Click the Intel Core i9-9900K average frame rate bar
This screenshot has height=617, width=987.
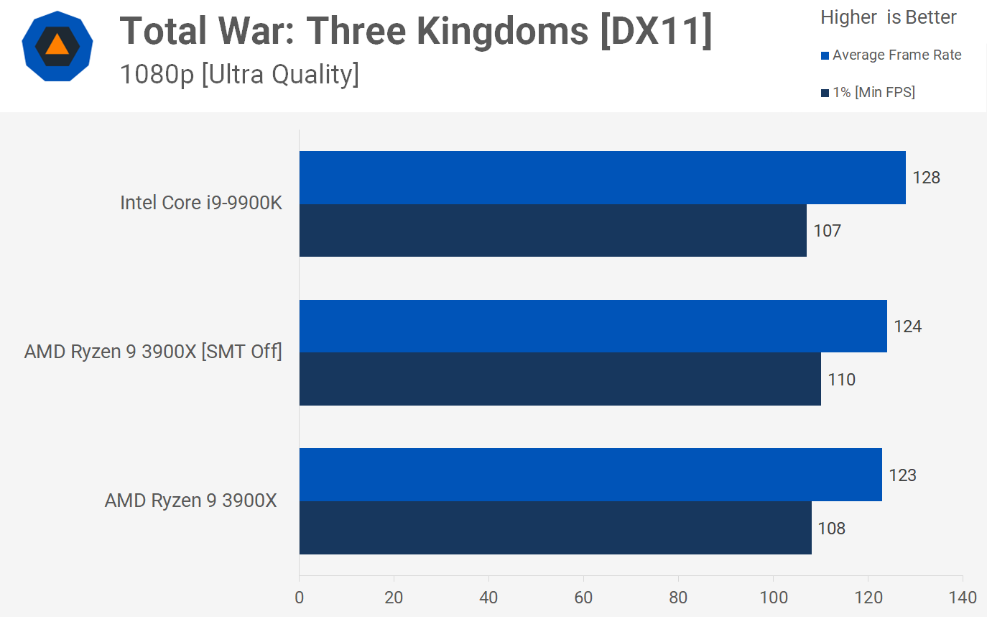(x=602, y=178)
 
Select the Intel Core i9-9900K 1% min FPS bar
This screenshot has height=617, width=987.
(x=552, y=230)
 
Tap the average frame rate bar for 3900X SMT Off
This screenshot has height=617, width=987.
(x=593, y=326)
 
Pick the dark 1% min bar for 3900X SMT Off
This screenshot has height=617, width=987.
(x=560, y=379)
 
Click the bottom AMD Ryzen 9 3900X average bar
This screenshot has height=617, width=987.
(x=590, y=475)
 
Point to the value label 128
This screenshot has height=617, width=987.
(x=926, y=178)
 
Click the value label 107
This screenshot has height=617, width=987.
(x=827, y=231)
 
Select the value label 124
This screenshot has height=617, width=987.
(x=907, y=326)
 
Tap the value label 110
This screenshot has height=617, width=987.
(x=841, y=380)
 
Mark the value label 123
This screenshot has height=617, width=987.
(x=902, y=475)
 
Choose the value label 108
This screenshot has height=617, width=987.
(x=831, y=529)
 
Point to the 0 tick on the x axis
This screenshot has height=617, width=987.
(x=299, y=598)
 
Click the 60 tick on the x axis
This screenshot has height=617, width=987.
(x=583, y=598)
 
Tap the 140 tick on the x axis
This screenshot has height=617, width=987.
(x=963, y=598)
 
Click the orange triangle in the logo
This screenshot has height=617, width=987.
(x=57, y=45)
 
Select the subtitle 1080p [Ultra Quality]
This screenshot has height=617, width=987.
(x=239, y=74)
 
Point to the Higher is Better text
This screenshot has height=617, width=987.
(x=889, y=17)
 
